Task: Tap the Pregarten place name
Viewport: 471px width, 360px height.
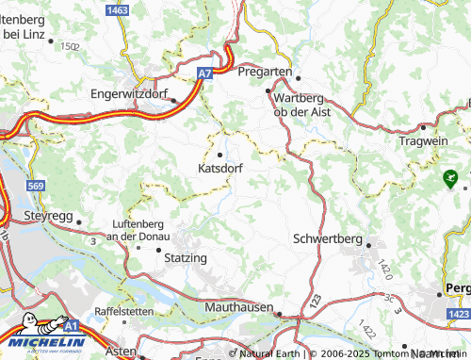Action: click(x=267, y=72)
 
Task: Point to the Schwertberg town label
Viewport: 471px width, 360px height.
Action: click(x=328, y=238)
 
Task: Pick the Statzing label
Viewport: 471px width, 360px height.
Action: click(x=186, y=257)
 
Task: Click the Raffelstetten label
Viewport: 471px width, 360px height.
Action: click(x=130, y=310)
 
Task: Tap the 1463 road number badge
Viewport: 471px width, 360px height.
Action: click(x=118, y=8)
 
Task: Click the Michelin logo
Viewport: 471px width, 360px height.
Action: click(x=44, y=343)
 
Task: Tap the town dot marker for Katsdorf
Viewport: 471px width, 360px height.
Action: click(x=221, y=155)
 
